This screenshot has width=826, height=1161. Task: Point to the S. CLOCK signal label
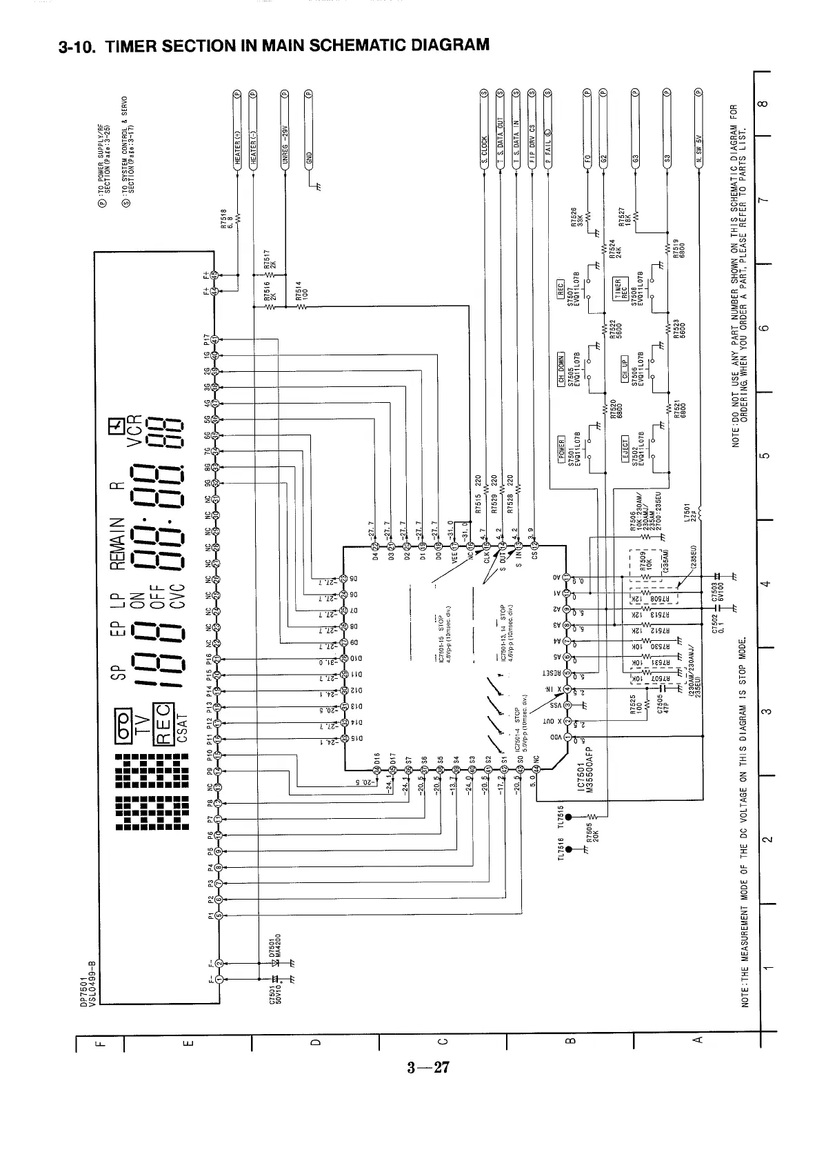485,149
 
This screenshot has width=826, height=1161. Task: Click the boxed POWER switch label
561,450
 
